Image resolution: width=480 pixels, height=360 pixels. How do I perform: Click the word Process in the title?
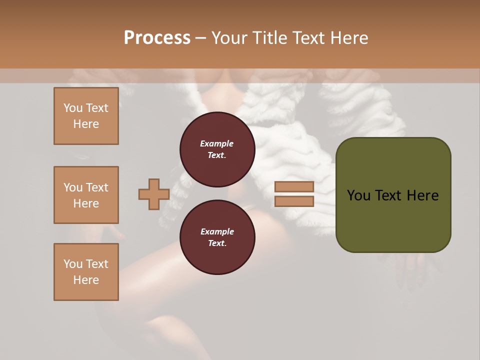click(x=157, y=37)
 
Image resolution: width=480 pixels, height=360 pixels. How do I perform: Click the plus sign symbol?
click(x=154, y=194)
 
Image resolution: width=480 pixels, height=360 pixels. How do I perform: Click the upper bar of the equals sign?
click(x=294, y=186)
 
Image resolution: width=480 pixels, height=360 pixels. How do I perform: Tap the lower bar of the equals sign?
click(x=294, y=201)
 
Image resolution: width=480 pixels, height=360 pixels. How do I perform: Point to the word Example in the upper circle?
click(x=216, y=143)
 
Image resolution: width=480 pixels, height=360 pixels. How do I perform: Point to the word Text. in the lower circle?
click(x=216, y=243)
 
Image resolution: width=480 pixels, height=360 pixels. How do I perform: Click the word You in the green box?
click(x=358, y=195)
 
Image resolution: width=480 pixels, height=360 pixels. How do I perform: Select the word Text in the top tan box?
click(x=97, y=108)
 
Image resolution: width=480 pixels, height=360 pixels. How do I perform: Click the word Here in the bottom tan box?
click(x=86, y=280)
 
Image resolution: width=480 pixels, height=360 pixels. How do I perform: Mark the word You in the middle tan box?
click(x=72, y=187)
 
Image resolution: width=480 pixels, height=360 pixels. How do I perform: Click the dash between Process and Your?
click(x=201, y=38)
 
